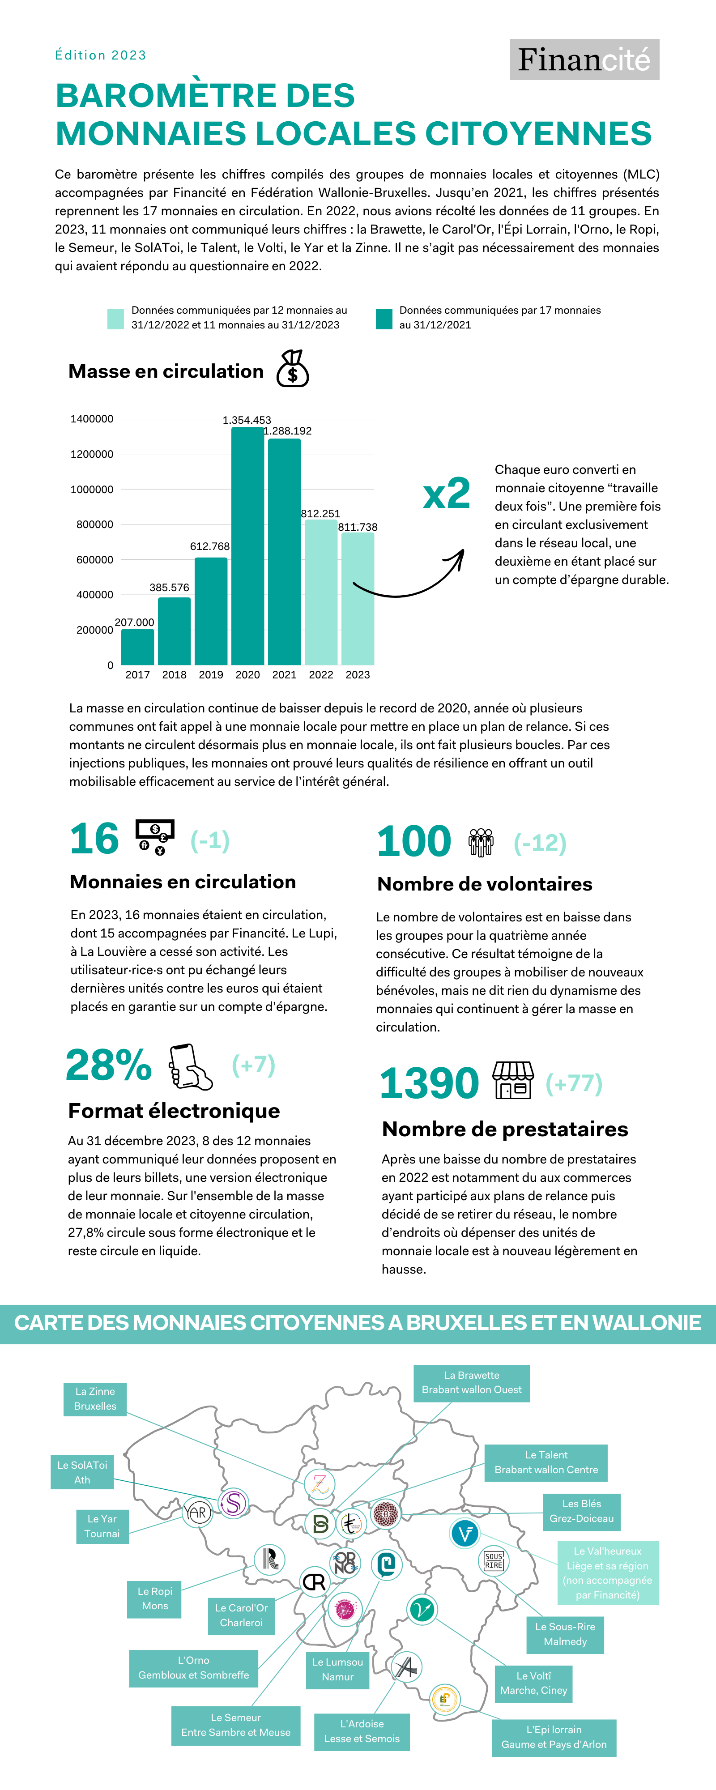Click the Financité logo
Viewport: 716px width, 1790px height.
point(584,60)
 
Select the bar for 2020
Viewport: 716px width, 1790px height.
point(247,546)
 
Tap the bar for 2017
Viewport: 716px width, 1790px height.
point(138,646)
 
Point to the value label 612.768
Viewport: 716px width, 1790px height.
point(209,546)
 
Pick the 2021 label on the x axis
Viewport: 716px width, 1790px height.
point(284,675)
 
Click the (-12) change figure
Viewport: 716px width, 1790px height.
point(540,843)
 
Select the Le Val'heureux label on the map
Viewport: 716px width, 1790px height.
point(608,1573)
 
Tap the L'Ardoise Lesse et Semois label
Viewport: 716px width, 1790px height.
point(362,1731)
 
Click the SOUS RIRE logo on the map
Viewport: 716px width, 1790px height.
point(494,1561)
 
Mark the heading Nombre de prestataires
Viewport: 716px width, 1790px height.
point(505,1129)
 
